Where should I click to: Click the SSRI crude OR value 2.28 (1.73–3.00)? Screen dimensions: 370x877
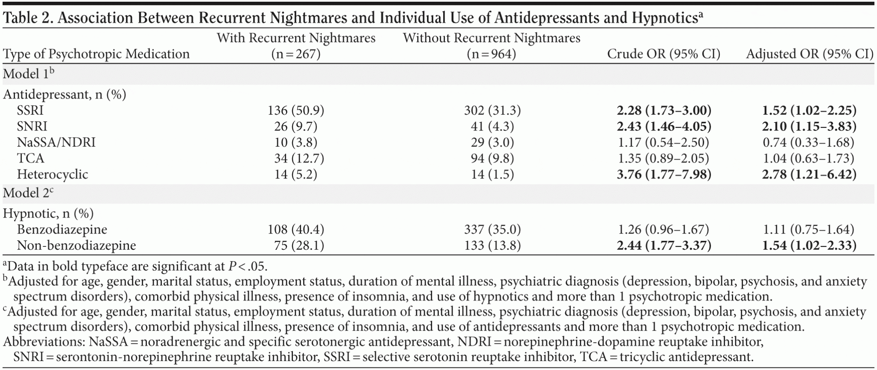pos(664,111)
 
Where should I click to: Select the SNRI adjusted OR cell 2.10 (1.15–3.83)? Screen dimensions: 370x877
pos(809,127)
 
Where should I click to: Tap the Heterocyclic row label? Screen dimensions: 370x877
pos(52,175)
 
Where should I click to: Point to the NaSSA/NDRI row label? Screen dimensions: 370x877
pos(56,142)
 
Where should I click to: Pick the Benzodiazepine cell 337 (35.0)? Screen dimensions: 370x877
pos(492,230)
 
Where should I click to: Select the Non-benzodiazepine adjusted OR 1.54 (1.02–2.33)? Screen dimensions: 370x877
pos(809,246)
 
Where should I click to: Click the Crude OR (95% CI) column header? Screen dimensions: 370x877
pos(664,54)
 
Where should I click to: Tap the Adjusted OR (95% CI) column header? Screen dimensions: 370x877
pos(809,54)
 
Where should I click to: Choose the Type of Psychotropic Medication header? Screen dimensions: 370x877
pos(96,54)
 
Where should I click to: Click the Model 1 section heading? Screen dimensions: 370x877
pos(29,74)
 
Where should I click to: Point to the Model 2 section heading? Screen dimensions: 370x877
pos(29,193)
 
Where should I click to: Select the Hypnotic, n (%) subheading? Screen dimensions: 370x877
pos(48,213)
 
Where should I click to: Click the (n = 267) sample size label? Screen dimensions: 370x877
pos(296,54)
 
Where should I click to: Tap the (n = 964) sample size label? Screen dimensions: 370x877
pos(491,54)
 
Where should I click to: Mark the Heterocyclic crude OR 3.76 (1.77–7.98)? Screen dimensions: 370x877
pos(664,175)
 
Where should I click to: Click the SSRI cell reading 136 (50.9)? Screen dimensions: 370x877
pos(296,111)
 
